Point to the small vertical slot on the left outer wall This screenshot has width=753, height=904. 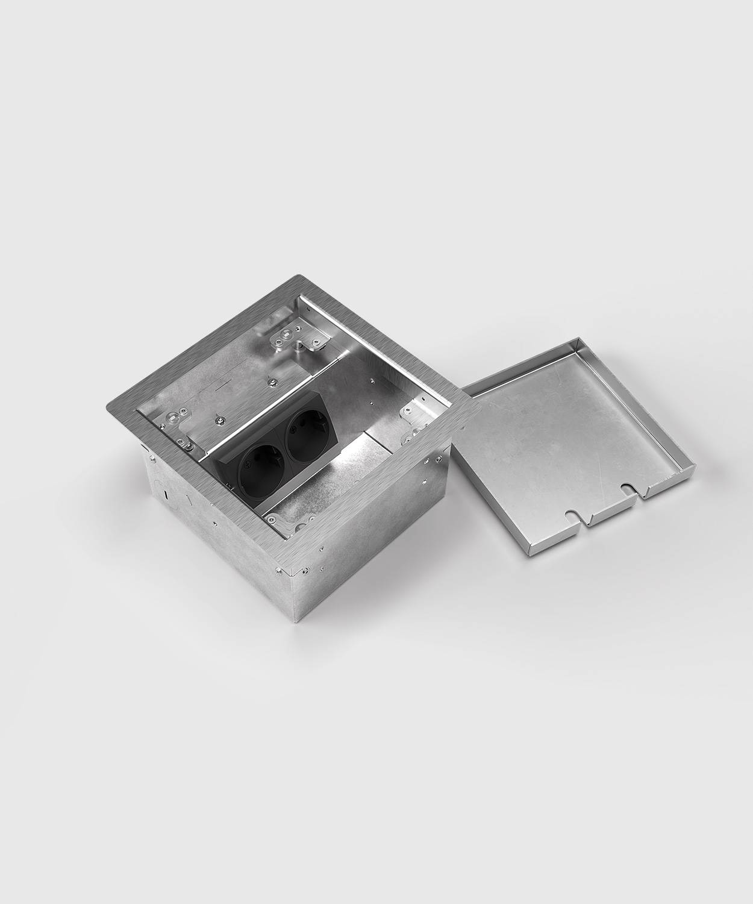[166, 494]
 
